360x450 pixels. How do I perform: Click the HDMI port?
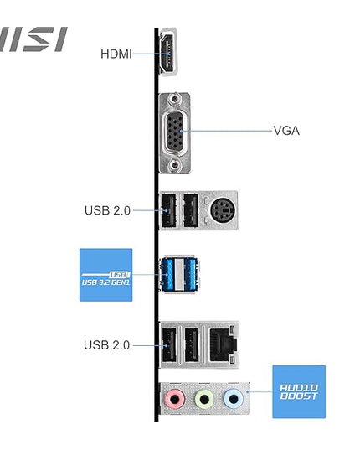pyautogui.click(x=168, y=52)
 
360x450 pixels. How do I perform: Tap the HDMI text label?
pyautogui.click(x=116, y=54)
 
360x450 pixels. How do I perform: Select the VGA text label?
pyautogui.click(x=286, y=131)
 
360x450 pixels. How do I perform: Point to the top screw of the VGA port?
pyautogui.click(x=174, y=99)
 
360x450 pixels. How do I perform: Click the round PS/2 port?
pyautogui.click(x=223, y=210)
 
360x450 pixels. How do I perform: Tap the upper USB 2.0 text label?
pyautogui.click(x=107, y=210)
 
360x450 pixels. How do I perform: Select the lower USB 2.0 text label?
pyautogui.click(x=107, y=345)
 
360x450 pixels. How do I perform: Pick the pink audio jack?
pyautogui.click(x=174, y=399)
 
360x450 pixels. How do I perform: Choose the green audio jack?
pyautogui.click(x=204, y=399)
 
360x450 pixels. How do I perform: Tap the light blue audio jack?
pyautogui.click(x=234, y=399)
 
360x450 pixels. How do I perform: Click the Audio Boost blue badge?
pyautogui.click(x=299, y=391)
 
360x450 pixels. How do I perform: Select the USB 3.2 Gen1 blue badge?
pyautogui.click(x=105, y=275)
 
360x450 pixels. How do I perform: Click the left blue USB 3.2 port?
pyautogui.click(x=167, y=275)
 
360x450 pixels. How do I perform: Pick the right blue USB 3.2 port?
pyautogui.click(x=191, y=275)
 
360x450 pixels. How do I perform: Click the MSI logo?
pyautogui.click(x=33, y=39)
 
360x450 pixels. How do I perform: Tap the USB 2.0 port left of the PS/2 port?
pyautogui.click(x=191, y=210)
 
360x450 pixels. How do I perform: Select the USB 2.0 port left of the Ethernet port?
pyautogui.click(x=192, y=344)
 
